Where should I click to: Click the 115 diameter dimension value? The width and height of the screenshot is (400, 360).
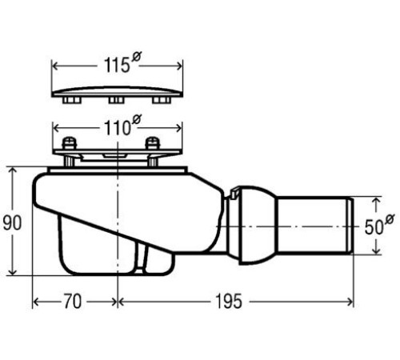click(x=117, y=66)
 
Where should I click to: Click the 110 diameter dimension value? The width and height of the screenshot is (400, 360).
click(x=118, y=128)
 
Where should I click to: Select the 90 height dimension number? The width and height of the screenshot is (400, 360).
click(x=12, y=223)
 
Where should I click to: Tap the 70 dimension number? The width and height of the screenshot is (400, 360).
click(x=72, y=302)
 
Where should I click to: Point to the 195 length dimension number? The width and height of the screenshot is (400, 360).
click(x=229, y=302)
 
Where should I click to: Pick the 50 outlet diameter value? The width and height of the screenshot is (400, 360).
click(x=374, y=227)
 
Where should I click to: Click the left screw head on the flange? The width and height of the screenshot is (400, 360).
click(x=70, y=142)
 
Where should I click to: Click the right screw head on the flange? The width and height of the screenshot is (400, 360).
click(x=153, y=142)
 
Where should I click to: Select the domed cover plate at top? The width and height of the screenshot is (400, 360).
click(x=117, y=91)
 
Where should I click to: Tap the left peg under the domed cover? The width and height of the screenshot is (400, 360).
click(x=72, y=100)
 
